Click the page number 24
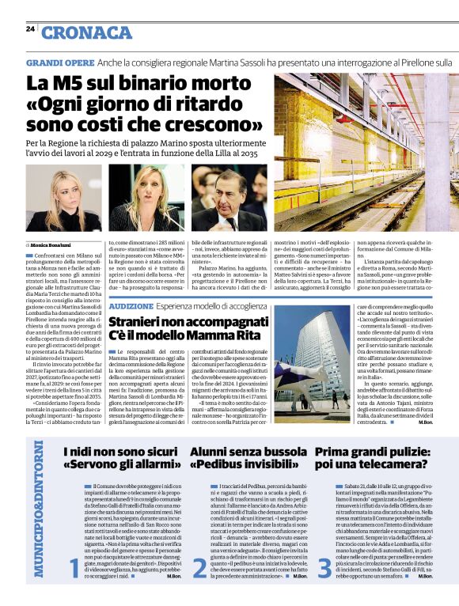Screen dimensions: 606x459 (30, 28)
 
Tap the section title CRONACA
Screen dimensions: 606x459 (87, 32)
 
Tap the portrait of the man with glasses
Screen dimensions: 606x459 (222, 198)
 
